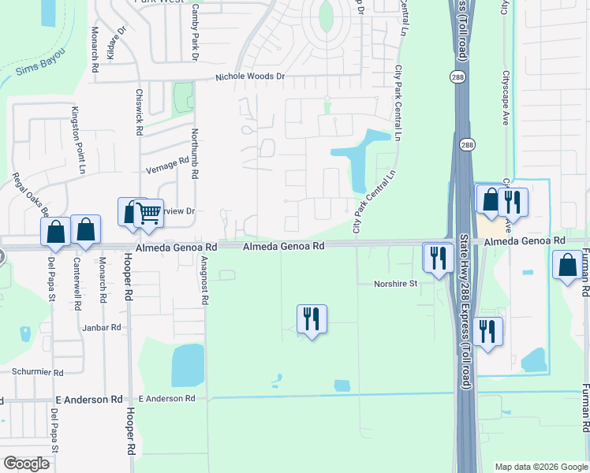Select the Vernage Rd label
click(168, 162)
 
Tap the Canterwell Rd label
click(77, 281)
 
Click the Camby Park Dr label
click(193, 32)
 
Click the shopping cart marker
click(148, 212)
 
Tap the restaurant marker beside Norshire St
click(436, 256)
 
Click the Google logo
click(27, 464)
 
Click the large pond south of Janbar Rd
click(188, 365)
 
